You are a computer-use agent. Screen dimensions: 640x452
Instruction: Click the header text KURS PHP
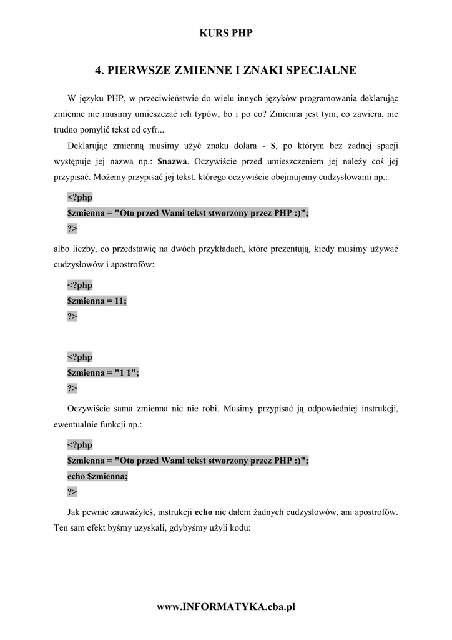226,33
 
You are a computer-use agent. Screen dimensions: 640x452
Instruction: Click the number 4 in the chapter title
98,71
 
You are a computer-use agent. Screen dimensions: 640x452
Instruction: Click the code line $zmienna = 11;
97,301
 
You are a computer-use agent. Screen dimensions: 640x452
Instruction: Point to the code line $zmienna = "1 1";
103,372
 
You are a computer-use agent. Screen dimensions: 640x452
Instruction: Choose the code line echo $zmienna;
97,476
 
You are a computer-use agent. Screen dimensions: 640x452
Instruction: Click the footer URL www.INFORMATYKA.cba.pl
225,606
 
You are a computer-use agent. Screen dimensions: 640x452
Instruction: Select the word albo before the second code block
63,249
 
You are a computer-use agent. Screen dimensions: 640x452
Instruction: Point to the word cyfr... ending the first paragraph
150,129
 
